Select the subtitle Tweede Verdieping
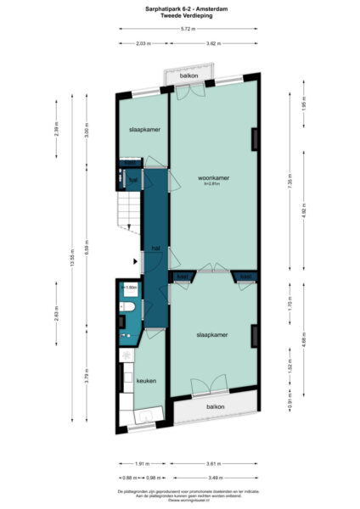pos(179,16)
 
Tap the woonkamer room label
pos(213,177)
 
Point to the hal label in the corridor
pos(155,248)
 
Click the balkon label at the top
pos(189,76)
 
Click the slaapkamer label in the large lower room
pos(212,336)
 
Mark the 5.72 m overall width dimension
pos(185,30)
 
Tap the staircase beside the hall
pos(125,209)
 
